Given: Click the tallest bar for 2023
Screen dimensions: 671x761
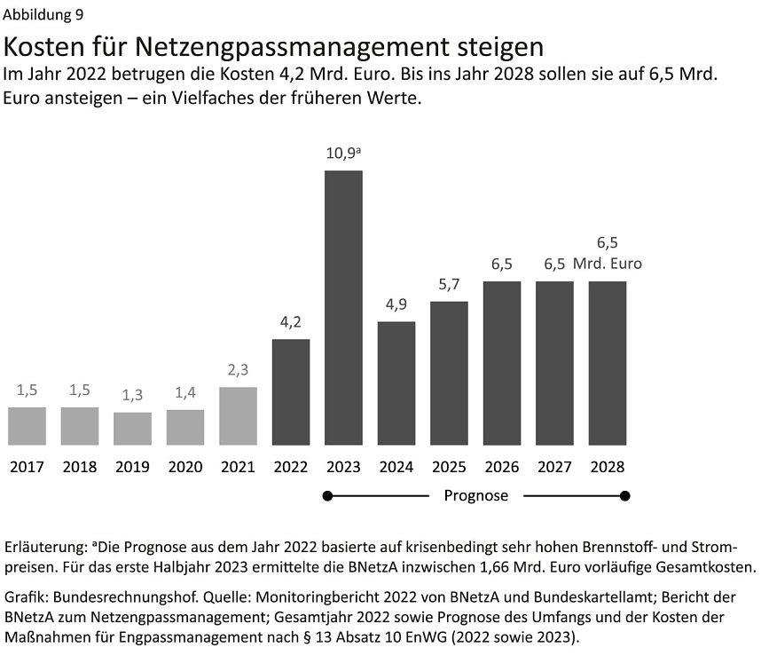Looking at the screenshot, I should (343, 307).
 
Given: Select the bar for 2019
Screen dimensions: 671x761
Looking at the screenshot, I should (132, 429).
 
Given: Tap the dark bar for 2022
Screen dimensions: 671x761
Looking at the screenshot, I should (291, 391).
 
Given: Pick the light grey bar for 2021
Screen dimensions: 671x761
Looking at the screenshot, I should (238, 415).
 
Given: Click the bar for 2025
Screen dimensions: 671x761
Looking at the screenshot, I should (449, 373).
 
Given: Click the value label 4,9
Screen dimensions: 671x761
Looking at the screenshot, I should (396, 304).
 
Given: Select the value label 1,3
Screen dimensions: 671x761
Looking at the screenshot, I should (132, 395).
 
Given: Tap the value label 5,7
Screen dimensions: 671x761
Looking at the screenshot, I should (449, 285).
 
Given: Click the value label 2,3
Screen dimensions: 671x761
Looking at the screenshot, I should (238, 370).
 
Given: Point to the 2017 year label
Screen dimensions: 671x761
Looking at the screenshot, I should (27, 467).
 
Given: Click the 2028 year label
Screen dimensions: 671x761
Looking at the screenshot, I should (608, 467).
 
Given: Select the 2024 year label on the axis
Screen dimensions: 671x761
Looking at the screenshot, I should (396, 467).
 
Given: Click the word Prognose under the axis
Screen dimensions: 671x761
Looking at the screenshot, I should (475, 495).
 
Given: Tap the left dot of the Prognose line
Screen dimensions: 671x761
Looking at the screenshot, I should (328, 495).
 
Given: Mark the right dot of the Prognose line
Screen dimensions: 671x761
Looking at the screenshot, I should (624, 495).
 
